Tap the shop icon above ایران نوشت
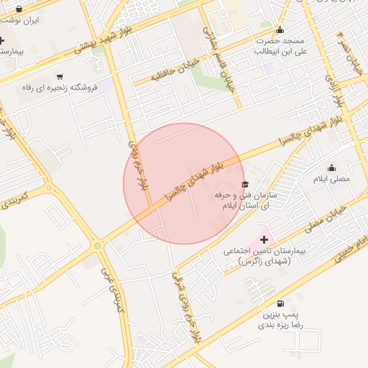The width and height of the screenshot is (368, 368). pos(19,9)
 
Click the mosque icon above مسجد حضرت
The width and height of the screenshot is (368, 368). pos(280,29)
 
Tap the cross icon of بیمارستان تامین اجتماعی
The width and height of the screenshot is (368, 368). pos(264,239)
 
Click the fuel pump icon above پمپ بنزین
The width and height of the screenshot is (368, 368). pos(280,303)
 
